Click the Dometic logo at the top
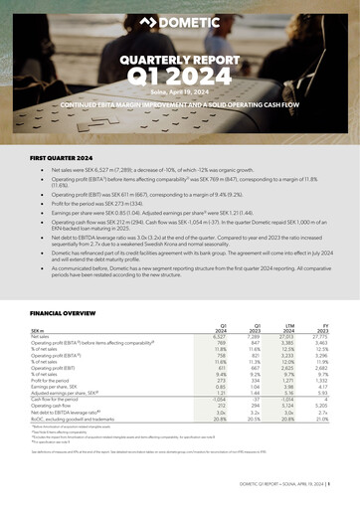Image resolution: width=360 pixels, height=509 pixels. point(180,21)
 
